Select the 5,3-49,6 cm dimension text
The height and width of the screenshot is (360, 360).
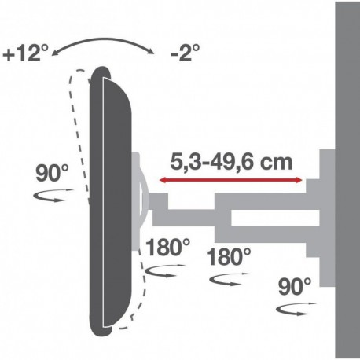pyautogui.click(x=232, y=163)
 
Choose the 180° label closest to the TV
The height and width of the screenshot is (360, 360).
pyautogui.click(x=168, y=246)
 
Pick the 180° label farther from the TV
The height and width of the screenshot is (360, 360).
pyautogui.click(x=230, y=256)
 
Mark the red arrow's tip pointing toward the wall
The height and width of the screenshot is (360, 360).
pyautogui.click(x=302, y=181)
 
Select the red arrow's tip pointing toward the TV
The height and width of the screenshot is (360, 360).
pyautogui.click(x=161, y=181)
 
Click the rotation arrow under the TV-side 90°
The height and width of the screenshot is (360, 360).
pyautogui.click(x=53, y=197)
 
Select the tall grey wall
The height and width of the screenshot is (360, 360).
pyautogui.click(x=347, y=181)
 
